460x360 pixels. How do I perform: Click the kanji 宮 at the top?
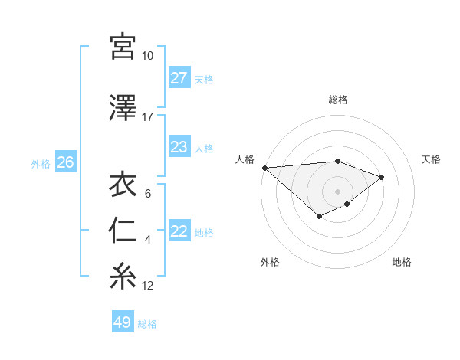pos(123,47)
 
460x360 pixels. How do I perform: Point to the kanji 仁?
pos(123,231)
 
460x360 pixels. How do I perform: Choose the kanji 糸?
pos(123,277)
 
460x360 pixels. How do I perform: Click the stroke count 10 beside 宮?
pos(147,56)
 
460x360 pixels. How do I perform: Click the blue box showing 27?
pos(179,78)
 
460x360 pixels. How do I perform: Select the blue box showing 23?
pos(179,147)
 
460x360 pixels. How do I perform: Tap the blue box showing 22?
pos(179,231)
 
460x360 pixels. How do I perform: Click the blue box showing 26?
pos(65,162)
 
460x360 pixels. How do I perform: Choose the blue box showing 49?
pos(123,322)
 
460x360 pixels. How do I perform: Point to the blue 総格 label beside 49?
pos(148,324)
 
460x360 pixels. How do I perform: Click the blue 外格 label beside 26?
pos(41,163)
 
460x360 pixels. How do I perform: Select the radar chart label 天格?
pos(431,159)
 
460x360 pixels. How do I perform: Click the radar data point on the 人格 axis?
pos(264,168)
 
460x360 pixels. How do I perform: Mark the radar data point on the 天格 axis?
pos(381,177)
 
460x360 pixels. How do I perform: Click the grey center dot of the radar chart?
pos(337,191)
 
